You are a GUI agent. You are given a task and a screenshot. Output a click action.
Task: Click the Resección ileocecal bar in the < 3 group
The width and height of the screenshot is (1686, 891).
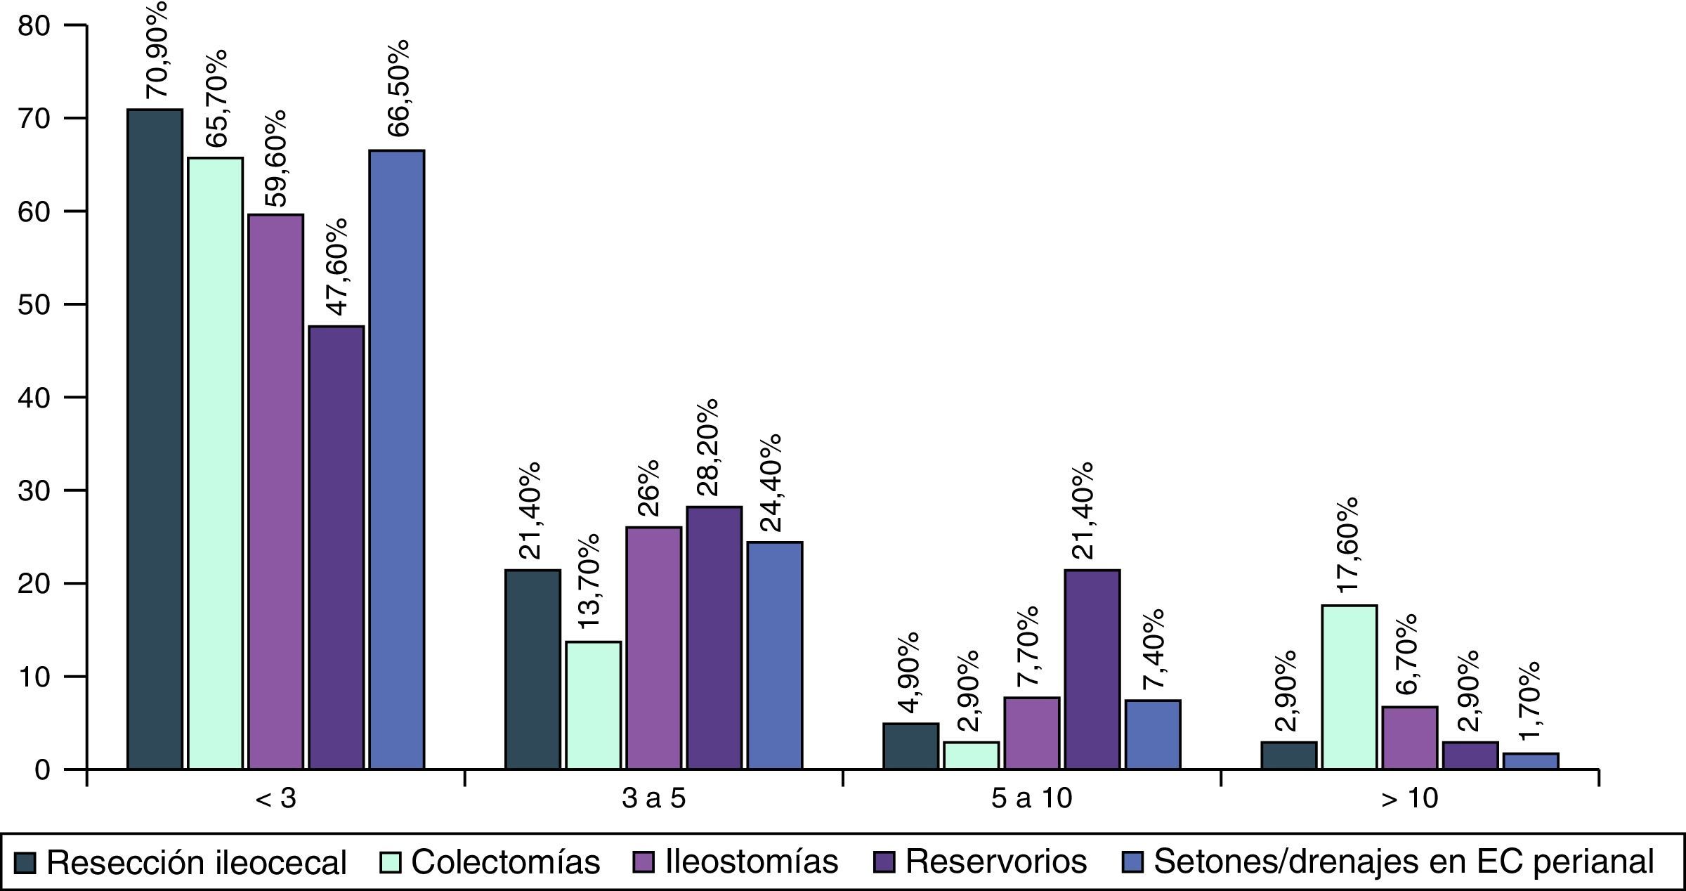(155, 439)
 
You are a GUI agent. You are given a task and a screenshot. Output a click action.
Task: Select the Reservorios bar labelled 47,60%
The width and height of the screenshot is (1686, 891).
(336, 548)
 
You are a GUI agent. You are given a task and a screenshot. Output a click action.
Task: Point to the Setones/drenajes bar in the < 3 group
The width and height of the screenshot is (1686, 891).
(397, 460)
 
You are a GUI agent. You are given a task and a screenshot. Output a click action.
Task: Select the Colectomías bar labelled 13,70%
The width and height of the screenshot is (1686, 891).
(594, 705)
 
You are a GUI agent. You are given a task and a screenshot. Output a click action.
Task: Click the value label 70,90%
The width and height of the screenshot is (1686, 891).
(156, 53)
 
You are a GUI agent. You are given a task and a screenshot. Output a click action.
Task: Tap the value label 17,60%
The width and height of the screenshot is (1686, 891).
(1347, 545)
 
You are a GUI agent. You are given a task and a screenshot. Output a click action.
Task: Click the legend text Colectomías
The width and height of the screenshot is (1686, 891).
(506, 862)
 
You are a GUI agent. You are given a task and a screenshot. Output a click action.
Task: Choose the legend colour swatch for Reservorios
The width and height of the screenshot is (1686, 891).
(884, 861)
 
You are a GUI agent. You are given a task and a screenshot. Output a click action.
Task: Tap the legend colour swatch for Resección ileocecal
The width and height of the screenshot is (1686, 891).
(25, 861)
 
